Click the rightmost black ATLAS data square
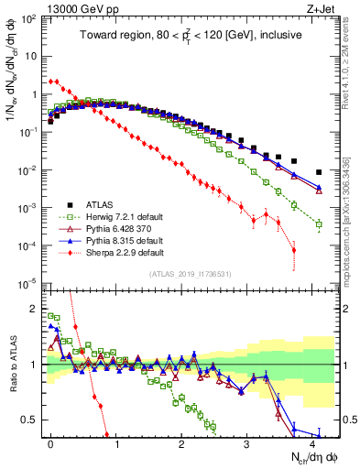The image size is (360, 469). point(319,172)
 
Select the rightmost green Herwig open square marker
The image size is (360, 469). point(319,224)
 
